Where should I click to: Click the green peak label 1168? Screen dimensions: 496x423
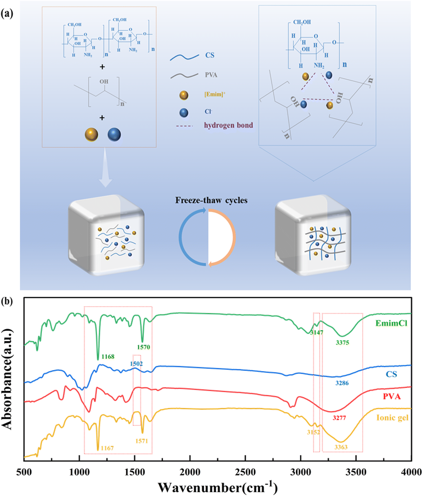[x=108, y=357]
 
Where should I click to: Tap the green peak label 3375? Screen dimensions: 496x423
[x=342, y=343]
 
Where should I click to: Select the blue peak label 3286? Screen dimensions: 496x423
[x=342, y=383]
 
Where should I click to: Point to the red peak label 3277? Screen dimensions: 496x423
[x=339, y=418]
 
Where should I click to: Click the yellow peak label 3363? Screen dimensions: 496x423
[x=341, y=447]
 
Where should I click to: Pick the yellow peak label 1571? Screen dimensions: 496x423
[x=142, y=441]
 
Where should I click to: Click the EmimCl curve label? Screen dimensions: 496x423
[x=391, y=323]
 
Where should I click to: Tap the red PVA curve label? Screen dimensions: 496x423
[x=391, y=396]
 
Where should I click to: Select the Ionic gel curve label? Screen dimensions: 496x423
[x=392, y=417]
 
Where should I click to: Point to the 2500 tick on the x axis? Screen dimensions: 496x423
[x=245, y=472]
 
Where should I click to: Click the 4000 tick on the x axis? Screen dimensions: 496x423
[x=411, y=472]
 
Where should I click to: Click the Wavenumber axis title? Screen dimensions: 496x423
[x=218, y=487]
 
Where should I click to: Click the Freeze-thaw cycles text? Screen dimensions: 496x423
[x=211, y=200]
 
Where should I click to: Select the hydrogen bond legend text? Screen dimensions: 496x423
[x=228, y=125]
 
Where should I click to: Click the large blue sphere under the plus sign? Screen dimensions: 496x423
[x=114, y=134]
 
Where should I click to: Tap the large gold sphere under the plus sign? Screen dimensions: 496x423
[x=91, y=134]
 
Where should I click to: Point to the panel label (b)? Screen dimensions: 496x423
[x=7, y=301]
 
